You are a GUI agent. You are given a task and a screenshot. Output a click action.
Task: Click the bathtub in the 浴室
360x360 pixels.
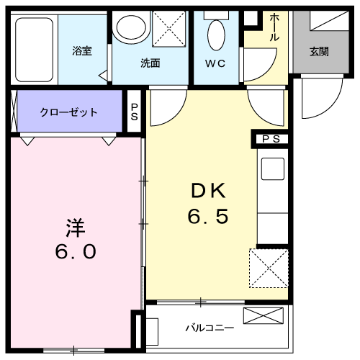pyautogui.click(x=34, y=50)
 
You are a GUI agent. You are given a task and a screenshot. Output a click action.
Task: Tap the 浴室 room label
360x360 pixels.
pyautogui.click(x=82, y=50)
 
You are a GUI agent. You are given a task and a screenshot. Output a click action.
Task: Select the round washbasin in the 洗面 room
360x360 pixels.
pyautogui.click(x=131, y=27)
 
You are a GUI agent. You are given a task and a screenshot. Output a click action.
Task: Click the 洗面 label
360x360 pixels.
pyautogui.click(x=150, y=63)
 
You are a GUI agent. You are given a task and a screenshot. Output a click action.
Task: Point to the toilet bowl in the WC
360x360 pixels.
pyautogui.click(x=216, y=35)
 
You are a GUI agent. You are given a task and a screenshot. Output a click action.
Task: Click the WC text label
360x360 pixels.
pyautogui.click(x=215, y=63)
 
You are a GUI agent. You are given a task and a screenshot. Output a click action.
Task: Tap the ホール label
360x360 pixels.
pyautogui.click(x=274, y=27)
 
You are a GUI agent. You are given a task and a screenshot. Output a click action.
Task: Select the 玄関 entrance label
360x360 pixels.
pyautogui.click(x=319, y=52)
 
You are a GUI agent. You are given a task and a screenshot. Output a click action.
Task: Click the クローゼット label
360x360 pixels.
pyautogui.click(x=68, y=112)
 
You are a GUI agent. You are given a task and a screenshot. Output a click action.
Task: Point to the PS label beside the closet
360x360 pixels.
pyautogui.click(x=135, y=112)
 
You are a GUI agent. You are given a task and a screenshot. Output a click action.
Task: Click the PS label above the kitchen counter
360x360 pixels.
pyautogui.click(x=271, y=139)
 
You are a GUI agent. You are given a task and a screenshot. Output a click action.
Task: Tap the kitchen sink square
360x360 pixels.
pyautogui.click(x=273, y=168)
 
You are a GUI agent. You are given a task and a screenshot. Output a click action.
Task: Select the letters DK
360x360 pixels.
pyautogui.click(x=208, y=191)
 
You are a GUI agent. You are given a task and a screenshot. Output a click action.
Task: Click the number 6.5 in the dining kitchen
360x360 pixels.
pyautogui.click(x=208, y=216)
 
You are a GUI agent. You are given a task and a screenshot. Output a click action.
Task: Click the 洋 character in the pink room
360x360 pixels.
pyautogui.click(x=76, y=228)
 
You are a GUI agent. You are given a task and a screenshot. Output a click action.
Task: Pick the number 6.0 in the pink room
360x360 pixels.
pyautogui.click(x=76, y=251)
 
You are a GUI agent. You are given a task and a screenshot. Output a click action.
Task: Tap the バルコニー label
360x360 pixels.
pyautogui.click(x=210, y=328)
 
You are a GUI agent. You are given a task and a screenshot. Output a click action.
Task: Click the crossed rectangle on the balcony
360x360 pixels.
pyautogui.click(x=264, y=315)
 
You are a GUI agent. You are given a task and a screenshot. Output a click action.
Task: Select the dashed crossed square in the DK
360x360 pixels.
pyautogui.click(x=269, y=268)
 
